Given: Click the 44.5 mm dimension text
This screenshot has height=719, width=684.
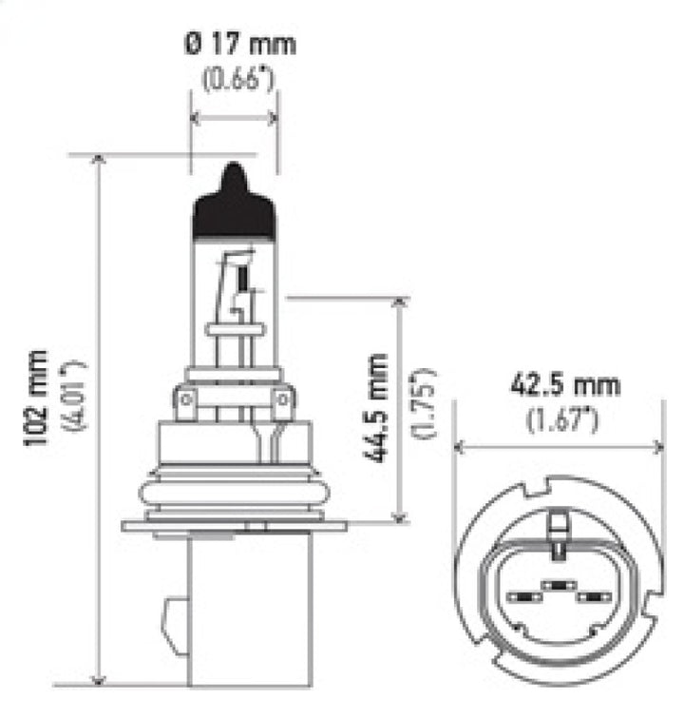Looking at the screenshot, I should [377, 407].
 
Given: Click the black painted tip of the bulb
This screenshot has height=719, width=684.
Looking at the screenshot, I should [235, 207].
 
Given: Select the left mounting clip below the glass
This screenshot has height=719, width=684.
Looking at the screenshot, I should [186, 403].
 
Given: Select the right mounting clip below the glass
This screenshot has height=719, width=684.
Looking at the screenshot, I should [283, 403].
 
